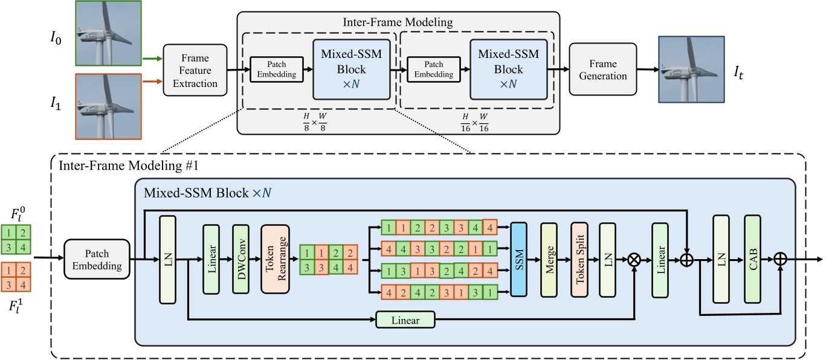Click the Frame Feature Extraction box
[x=195, y=70]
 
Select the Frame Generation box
[x=602, y=69]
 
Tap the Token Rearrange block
[x=275, y=259]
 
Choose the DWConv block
[x=241, y=259]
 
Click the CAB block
[x=752, y=259]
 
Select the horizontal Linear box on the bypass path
[x=405, y=318]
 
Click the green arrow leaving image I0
[x=151, y=59]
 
